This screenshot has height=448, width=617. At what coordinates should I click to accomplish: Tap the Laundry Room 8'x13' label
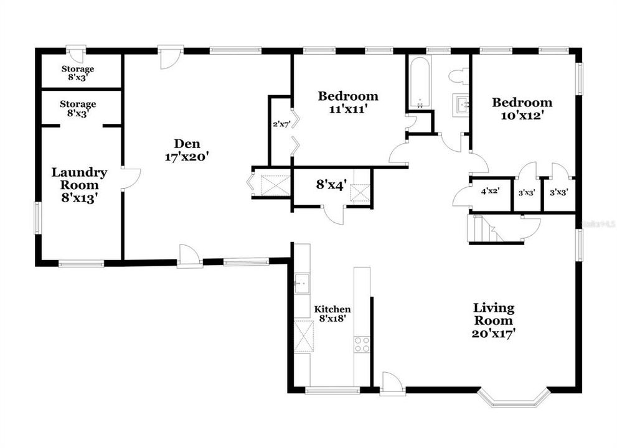tap(79, 185)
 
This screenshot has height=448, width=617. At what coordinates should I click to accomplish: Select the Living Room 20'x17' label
tap(494, 320)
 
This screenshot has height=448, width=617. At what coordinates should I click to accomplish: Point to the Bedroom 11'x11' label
tap(348, 102)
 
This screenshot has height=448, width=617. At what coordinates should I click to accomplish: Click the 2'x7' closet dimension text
tap(281, 124)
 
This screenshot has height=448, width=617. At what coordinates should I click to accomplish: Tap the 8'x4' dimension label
tap(331, 185)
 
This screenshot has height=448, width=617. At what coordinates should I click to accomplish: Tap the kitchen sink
tap(303, 283)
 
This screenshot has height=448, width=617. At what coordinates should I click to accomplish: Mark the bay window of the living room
tap(514, 398)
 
